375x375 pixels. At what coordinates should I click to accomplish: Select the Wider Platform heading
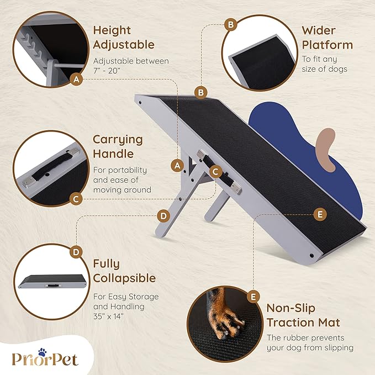click(x=327, y=37)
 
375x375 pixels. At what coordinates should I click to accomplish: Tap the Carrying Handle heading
click(x=118, y=146)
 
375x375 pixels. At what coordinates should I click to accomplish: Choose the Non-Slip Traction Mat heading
click(x=303, y=315)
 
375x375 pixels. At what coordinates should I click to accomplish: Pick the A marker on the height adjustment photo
click(x=78, y=80)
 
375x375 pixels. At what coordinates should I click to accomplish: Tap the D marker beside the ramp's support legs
click(x=162, y=215)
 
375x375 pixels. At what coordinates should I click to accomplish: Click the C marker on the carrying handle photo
click(x=77, y=199)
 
